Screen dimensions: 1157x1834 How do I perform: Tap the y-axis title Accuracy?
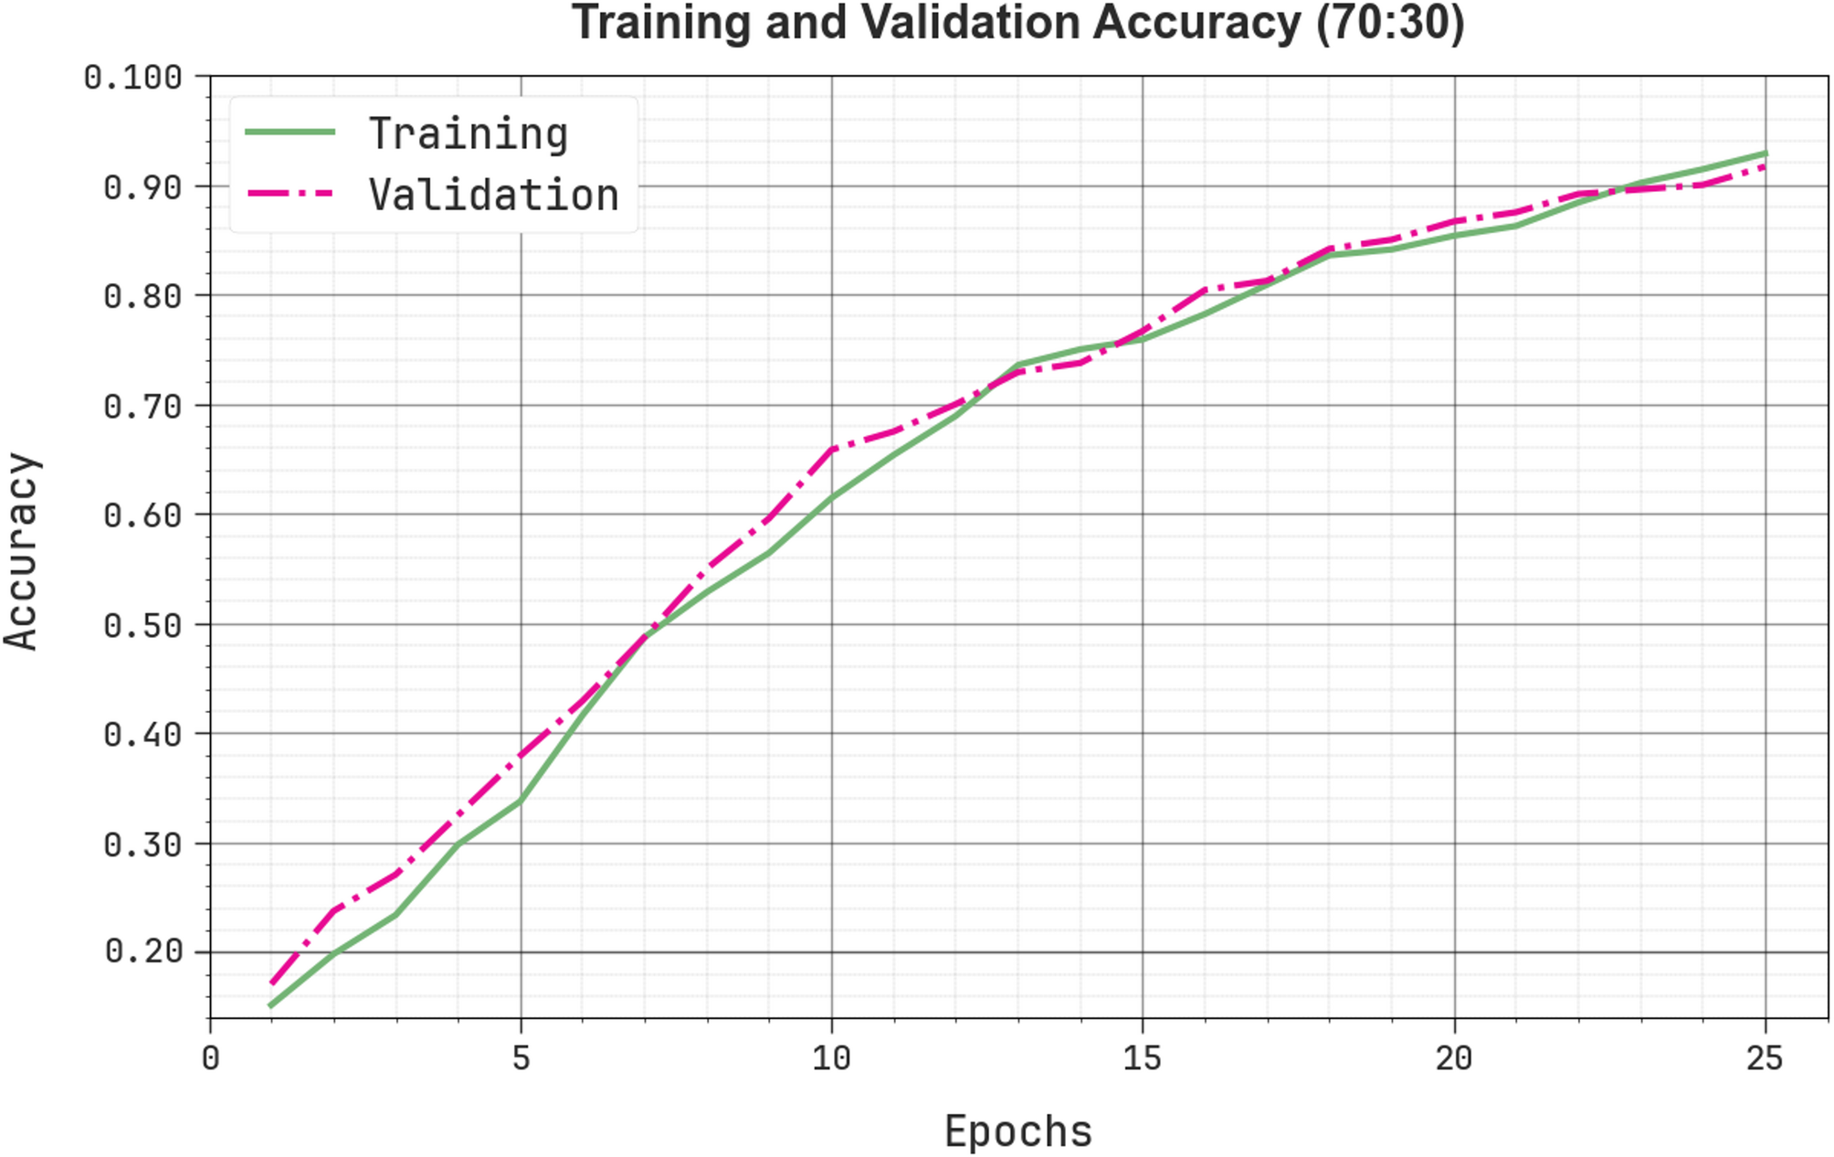click(22, 551)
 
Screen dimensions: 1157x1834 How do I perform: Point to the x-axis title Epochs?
click(1017, 1131)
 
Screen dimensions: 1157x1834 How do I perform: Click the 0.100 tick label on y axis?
click(133, 78)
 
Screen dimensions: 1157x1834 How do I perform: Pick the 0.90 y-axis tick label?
click(143, 187)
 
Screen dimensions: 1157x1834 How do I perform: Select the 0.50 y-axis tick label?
click(143, 625)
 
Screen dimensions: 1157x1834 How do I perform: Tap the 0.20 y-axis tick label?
click(143, 951)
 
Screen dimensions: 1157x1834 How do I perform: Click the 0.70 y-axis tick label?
click(143, 406)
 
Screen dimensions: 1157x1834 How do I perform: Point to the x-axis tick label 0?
click(210, 1058)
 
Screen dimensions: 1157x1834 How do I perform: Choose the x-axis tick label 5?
click(521, 1058)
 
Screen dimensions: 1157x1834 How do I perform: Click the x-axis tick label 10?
click(831, 1058)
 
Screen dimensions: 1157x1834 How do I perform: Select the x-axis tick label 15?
click(1142, 1058)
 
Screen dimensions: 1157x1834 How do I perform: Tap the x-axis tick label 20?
click(1453, 1058)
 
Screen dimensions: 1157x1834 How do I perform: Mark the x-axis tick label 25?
click(1764, 1058)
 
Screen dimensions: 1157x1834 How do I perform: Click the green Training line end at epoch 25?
click(1765, 154)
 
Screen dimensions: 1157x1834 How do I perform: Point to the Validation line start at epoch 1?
click(272, 982)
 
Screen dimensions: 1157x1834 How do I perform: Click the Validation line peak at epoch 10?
click(832, 449)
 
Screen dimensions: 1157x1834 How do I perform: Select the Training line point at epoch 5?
click(521, 801)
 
